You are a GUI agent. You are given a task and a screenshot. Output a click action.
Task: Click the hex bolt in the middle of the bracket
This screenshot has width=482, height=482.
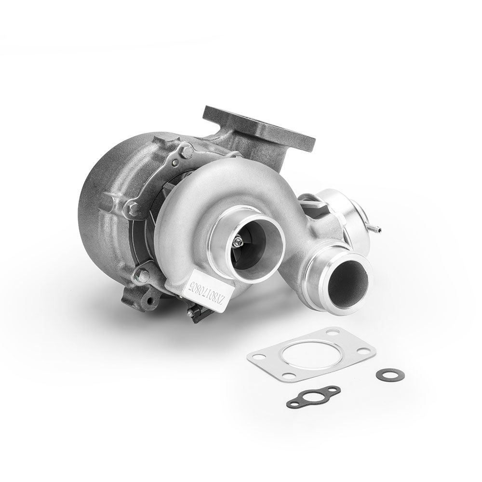tap(134, 209)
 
